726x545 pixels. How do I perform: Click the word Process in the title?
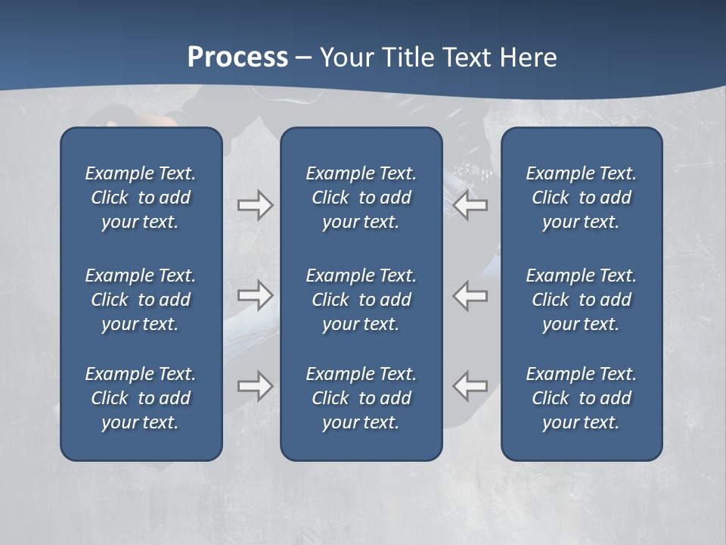pyautogui.click(x=237, y=58)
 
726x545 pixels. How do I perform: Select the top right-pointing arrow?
pyautogui.click(x=255, y=205)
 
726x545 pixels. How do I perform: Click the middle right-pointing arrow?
pyautogui.click(x=255, y=295)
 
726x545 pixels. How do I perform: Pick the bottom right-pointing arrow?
pyautogui.click(x=255, y=385)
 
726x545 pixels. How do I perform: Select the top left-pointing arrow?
pyautogui.click(x=470, y=205)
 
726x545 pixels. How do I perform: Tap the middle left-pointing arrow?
pyautogui.click(x=470, y=295)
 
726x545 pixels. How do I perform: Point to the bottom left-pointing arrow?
pyautogui.click(x=470, y=385)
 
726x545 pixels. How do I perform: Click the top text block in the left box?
pyautogui.click(x=141, y=198)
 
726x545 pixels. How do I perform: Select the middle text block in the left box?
pyautogui.click(x=141, y=300)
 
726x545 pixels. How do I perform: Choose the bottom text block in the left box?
pyautogui.click(x=141, y=398)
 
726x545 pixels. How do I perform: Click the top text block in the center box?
pyautogui.click(x=361, y=198)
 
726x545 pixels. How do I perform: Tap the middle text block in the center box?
pyautogui.click(x=361, y=300)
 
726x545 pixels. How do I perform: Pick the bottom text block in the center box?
pyautogui.click(x=361, y=398)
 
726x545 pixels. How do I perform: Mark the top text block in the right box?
pyautogui.click(x=581, y=198)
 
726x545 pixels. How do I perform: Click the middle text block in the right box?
pyautogui.click(x=581, y=300)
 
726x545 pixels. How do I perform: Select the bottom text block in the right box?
pyautogui.click(x=581, y=398)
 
